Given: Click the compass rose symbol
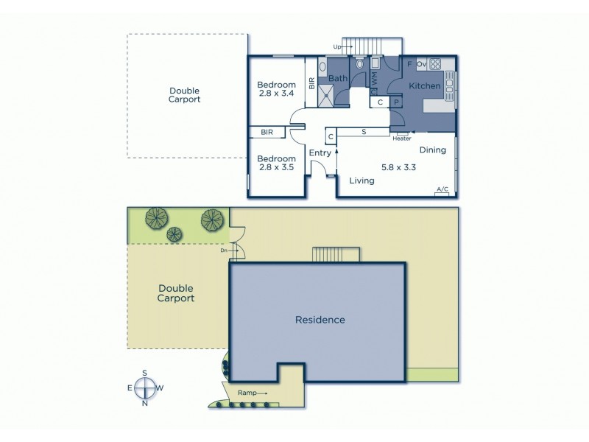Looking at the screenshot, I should coord(145,388).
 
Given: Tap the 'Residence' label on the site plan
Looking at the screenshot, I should coord(320,320).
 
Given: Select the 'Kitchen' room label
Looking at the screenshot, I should coord(424,86).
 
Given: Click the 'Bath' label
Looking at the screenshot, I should coord(337,78).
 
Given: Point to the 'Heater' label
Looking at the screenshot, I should coord(401,138).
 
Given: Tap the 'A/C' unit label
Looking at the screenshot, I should coord(442,190).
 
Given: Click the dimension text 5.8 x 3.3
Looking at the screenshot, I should coord(399,167).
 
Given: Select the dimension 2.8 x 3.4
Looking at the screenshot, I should coord(276,94).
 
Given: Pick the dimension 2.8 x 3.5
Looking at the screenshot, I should coord(276,168).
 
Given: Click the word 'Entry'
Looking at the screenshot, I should coord(320,153).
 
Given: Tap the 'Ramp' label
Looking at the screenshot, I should coord(247,394).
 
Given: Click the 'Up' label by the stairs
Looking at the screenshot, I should coord(338,47).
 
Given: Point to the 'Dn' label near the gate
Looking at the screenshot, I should coord(224,250).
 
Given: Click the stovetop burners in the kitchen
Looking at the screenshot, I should coord(434,63).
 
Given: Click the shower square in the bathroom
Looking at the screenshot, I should coord(329,94).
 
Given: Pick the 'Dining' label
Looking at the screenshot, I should coord(433,150).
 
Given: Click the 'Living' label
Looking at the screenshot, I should coord(361,180).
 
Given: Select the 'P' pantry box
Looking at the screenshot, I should coord(395,102).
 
